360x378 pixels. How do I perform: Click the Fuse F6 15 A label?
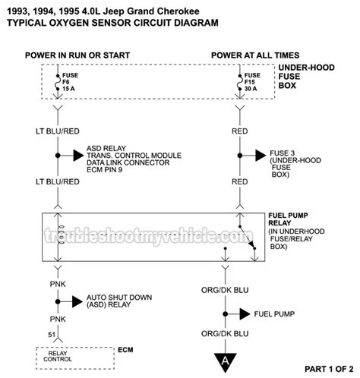[70, 82]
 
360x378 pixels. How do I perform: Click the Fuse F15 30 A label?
[252, 82]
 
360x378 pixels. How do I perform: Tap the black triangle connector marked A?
[225, 362]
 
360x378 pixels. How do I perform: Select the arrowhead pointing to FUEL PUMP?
[245, 314]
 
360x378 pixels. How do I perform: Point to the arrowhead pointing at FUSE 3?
[261, 156]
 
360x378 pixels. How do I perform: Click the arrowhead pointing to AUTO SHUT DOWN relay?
[77, 301]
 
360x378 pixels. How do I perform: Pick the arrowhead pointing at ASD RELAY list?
[78, 156]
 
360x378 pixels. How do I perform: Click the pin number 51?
[52, 335]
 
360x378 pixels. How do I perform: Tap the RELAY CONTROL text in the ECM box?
[58, 356]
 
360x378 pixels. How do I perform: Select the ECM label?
[125, 350]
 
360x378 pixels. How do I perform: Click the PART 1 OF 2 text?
[329, 369]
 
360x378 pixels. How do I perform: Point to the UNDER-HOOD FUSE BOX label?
[306, 77]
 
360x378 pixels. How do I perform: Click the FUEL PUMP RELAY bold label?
[288, 219]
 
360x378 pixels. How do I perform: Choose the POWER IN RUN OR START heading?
[77, 55]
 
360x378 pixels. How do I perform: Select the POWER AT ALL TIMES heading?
[255, 55]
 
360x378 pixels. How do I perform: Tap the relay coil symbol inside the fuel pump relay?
[61, 235]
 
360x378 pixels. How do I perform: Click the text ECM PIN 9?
[105, 169]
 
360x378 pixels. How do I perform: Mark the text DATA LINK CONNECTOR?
[128, 162]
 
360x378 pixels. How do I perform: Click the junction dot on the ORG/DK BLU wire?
[225, 314]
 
